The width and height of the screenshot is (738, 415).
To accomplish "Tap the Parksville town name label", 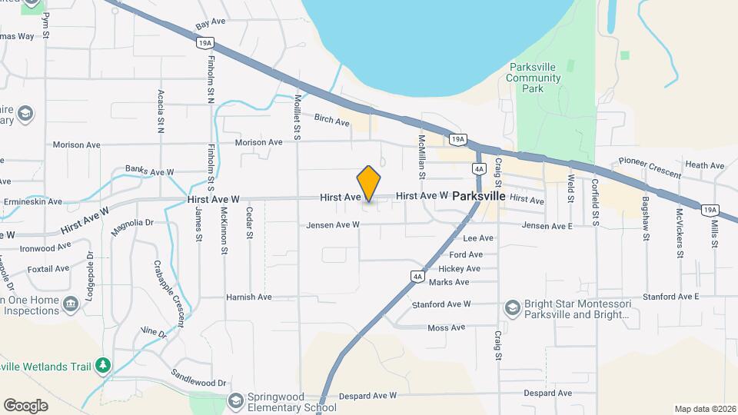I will pyautogui.click(x=479, y=196).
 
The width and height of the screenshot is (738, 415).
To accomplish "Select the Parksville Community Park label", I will pyautogui.click(x=537, y=78).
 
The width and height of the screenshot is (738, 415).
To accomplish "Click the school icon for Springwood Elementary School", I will pyautogui.click(x=236, y=400).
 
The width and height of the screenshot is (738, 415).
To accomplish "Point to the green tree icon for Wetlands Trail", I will pyautogui.click(x=101, y=365).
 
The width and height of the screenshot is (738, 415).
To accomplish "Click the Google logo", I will pyautogui.click(x=25, y=405).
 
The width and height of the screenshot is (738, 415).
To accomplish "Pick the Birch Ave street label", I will pyautogui.click(x=332, y=118).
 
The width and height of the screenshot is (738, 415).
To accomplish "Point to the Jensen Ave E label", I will pyautogui.click(x=547, y=226).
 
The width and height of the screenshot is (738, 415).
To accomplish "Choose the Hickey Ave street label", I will pyautogui.click(x=459, y=269).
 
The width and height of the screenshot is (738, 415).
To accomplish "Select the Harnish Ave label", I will pyautogui.click(x=248, y=297).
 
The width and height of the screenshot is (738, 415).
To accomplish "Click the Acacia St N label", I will pyautogui.click(x=161, y=111).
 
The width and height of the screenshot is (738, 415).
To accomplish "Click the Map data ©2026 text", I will pyautogui.click(x=703, y=409).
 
